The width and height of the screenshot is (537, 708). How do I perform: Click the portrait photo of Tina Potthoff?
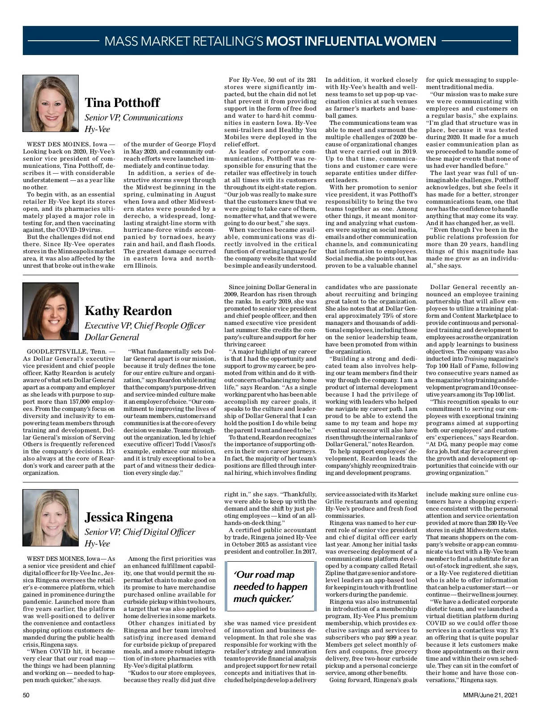(51, 103)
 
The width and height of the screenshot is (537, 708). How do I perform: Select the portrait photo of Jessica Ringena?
(51, 517)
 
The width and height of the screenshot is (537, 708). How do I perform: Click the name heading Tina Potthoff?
(122, 102)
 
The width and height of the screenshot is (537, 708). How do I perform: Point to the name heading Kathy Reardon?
(128, 311)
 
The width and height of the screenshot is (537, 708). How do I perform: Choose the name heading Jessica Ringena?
(129, 517)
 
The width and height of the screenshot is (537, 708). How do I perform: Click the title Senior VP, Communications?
(134, 118)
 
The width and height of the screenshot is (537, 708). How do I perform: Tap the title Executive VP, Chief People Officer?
(145, 325)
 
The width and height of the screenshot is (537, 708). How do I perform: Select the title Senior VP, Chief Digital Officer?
(140, 532)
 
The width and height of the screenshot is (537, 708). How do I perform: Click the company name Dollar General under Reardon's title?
(112, 337)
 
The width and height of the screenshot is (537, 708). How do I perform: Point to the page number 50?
(26, 695)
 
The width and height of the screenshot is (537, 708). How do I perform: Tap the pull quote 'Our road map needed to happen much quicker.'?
(270, 587)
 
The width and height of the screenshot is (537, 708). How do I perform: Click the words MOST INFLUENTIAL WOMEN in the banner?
(351, 42)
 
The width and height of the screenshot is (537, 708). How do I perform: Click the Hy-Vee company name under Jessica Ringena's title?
(98, 544)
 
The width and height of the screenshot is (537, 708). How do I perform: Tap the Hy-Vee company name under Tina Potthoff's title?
(98, 129)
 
